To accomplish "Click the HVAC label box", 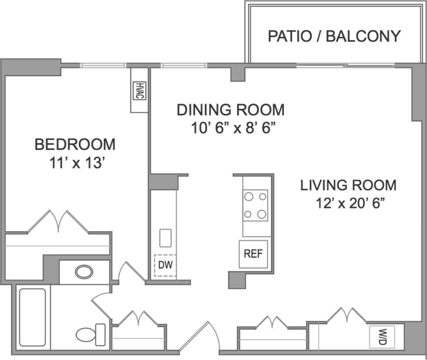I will point(140,90).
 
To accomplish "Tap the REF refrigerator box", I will point(253,254).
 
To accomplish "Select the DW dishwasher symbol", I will point(165,265).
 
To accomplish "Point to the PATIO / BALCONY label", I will point(334,36).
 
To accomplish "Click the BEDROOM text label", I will point(75,144).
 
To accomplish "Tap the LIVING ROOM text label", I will point(348,185).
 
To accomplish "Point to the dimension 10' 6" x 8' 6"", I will point(233,128).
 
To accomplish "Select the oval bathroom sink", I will point(84,272).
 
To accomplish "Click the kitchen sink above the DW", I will point(165,238).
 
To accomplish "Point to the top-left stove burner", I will point(248,196).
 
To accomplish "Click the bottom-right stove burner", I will point(262,214).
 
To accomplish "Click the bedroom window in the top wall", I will point(103,65).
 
